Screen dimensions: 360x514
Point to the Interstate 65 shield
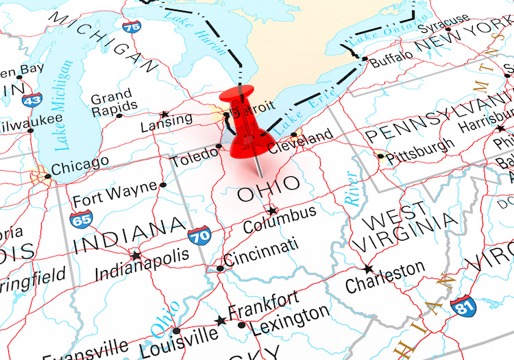point(81,220)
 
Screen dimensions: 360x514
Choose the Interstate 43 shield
point(31,99)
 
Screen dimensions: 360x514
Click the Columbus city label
point(280,219)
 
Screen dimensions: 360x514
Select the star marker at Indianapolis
point(136,256)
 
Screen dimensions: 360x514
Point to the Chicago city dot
point(47,176)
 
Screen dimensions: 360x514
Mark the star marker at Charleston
point(368,269)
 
